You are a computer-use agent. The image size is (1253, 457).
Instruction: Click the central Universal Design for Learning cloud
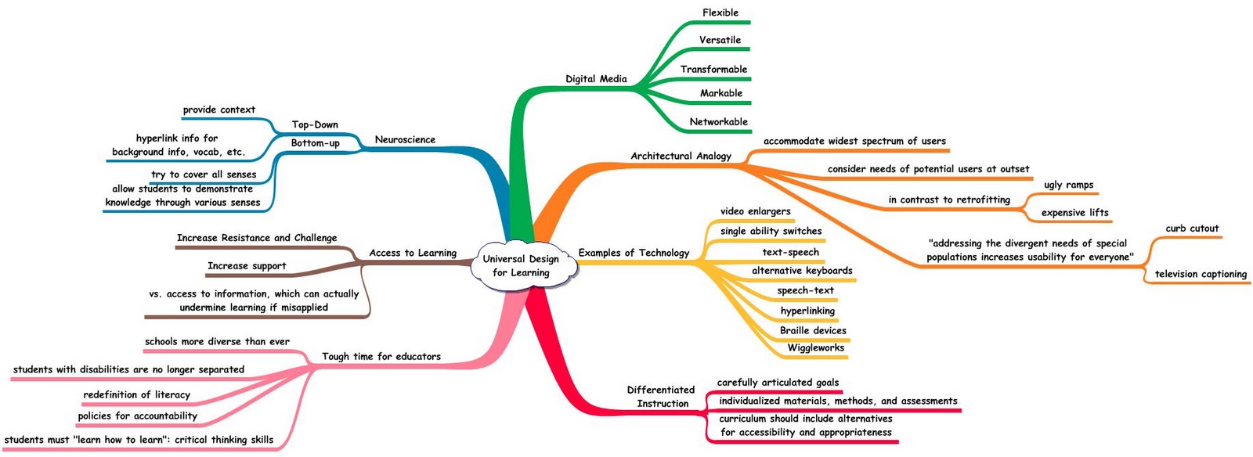tap(521, 266)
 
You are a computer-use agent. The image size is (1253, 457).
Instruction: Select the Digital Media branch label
tap(596, 79)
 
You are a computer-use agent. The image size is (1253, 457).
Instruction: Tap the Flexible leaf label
tap(720, 13)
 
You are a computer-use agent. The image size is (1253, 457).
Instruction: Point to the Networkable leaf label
tap(718, 122)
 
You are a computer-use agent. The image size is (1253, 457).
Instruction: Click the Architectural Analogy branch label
tap(681, 157)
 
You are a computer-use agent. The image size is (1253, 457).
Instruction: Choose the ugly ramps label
tap(1068, 185)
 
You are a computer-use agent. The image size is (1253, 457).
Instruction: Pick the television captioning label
tap(1201, 274)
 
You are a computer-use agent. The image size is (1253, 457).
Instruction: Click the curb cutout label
tap(1192, 228)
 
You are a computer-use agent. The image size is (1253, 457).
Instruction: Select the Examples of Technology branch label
tap(634, 253)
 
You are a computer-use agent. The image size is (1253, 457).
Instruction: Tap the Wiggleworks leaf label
tap(815, 348)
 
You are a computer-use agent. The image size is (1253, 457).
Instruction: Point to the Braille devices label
tap(813, 330)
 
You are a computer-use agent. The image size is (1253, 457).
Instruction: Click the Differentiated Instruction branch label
tap(662, 397)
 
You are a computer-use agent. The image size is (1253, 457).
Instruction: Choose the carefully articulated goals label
tap(778, 383)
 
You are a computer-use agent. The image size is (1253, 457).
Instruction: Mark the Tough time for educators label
tap(381, 357)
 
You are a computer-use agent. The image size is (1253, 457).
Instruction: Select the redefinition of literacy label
tap(137, 394)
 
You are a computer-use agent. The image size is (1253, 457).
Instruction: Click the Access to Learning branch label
tap(413, 253)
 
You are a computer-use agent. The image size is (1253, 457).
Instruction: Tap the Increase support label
tap(247, 266)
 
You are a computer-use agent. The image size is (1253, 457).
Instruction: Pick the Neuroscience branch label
tap(405, 140)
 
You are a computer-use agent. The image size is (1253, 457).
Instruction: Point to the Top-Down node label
tap(315, 124)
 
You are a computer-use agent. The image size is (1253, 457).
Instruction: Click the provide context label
tap(219, 110)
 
